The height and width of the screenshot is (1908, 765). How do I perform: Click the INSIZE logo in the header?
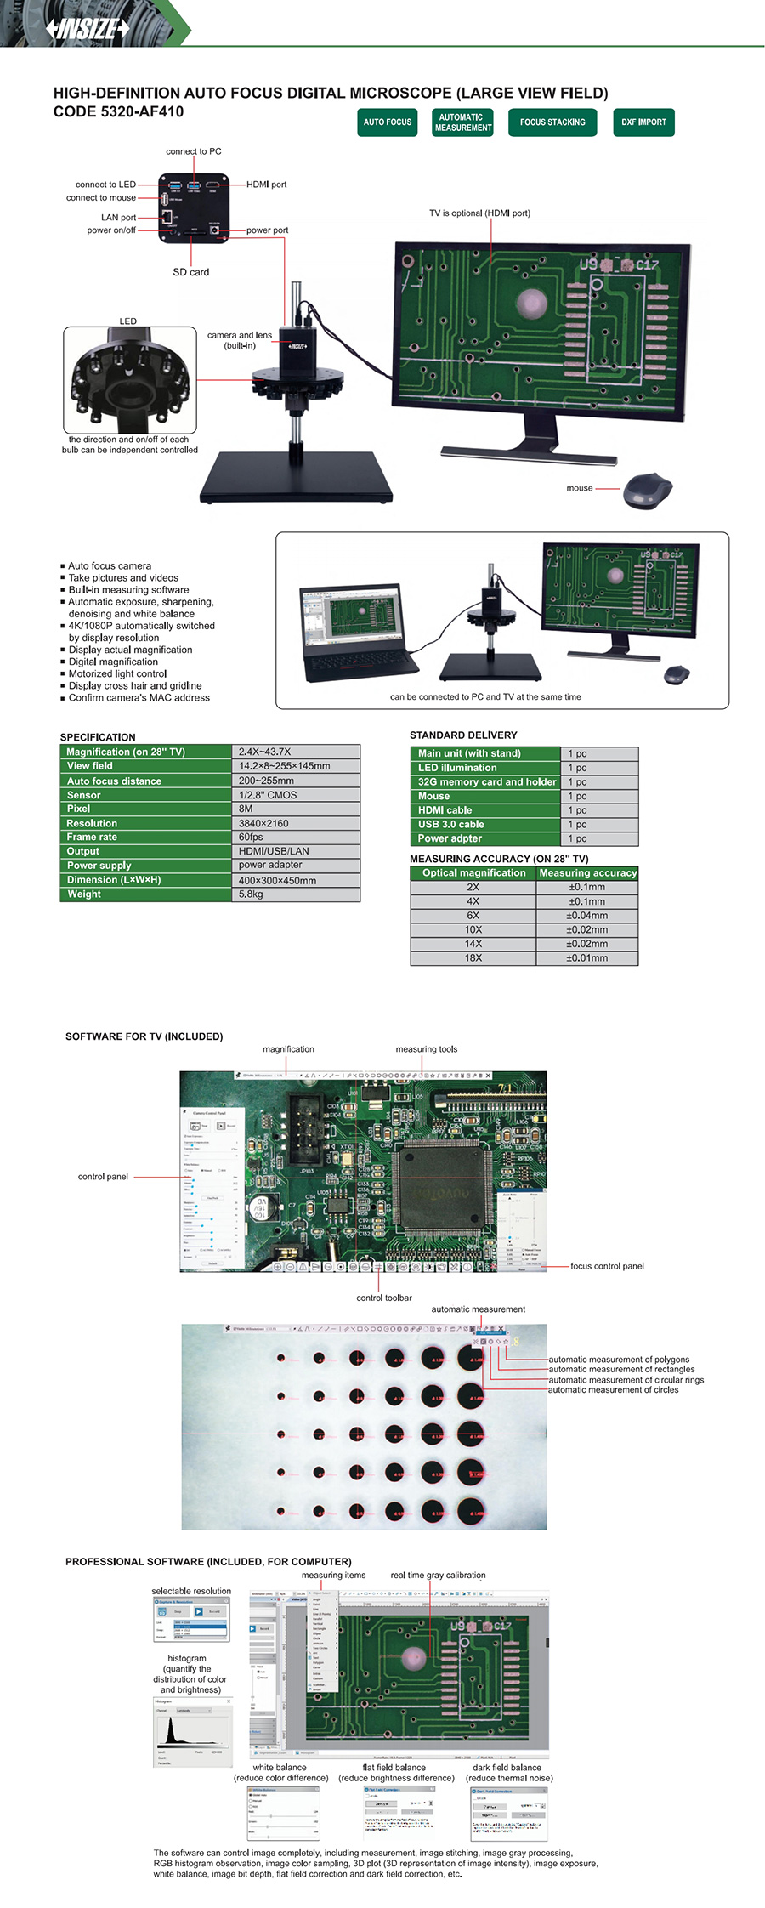click(88, 28)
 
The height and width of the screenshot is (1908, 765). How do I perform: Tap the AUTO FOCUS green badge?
click(387, 122)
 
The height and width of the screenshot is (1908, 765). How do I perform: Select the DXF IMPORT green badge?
click(643, 122)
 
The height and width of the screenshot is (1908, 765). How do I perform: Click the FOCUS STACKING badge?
click(552, 122)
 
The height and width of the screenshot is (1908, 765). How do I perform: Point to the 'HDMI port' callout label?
click(267, 185)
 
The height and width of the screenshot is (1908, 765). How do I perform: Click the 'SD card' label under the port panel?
click(190, 272)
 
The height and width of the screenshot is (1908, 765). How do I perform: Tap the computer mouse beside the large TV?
click(648, 491)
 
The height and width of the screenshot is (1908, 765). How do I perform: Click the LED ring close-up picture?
click(130, 380)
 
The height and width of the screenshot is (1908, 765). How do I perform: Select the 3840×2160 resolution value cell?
click(296, 823)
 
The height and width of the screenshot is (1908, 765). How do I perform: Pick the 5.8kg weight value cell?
click(296, 894)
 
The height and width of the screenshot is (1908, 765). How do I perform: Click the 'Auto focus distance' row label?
click(115, 781)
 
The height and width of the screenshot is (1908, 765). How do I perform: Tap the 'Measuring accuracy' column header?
click(587, 872)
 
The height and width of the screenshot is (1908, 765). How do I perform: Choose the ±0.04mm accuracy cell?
click(587, 916)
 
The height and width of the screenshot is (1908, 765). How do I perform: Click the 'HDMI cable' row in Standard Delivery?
click(445, 810)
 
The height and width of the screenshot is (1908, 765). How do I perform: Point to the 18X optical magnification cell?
click(473, 958)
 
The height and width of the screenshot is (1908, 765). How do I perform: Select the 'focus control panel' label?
click(607, 1266)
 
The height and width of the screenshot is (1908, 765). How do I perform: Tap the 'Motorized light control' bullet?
click(117, 673)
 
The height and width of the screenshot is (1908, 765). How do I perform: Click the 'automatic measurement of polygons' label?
click(619, 1360)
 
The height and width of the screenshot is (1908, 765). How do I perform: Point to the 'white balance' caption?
click(279, 1767)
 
